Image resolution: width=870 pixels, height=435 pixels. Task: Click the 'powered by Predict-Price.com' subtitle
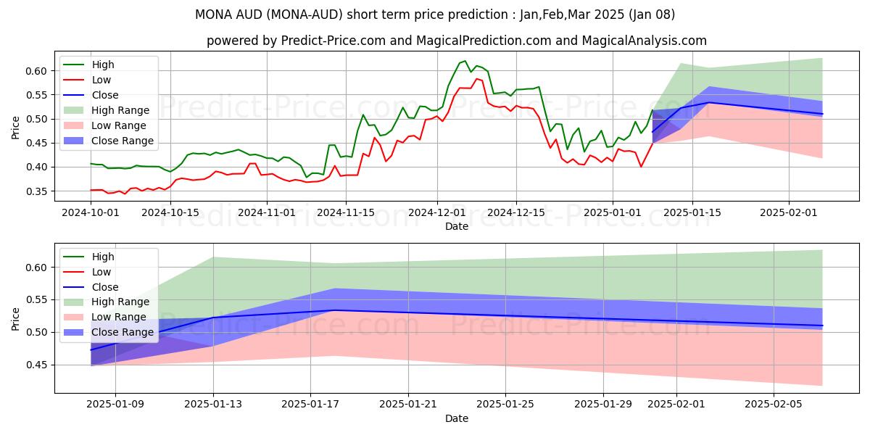tap(457, 41)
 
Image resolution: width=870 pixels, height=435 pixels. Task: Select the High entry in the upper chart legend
tap(103, 65)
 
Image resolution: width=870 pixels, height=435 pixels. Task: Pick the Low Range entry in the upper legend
tap(120, 125)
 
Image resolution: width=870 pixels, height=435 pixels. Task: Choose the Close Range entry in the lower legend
tap(123, 332)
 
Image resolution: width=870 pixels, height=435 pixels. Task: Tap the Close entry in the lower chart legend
tap(105, 287)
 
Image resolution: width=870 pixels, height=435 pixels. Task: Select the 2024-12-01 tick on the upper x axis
tap(436, 212)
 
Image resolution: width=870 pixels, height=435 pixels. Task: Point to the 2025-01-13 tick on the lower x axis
tap(213, 405)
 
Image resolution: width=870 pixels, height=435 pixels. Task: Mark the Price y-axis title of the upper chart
tap(16, 127)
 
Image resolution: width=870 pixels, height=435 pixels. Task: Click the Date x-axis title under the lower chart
tap(457, 418)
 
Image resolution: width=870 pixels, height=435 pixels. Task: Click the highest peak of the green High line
tap(465, 61)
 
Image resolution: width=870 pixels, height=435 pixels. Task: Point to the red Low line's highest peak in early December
tap(476, 78)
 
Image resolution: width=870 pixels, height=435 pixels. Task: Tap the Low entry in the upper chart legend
tap(102, 80)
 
